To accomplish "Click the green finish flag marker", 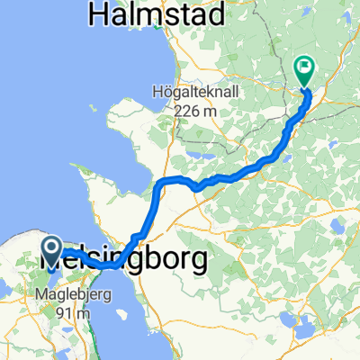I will click(304, 67).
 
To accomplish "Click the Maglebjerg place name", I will click(63, 294).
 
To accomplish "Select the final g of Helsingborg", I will click(197, 262).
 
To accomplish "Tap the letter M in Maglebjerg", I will click(39, 294).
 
